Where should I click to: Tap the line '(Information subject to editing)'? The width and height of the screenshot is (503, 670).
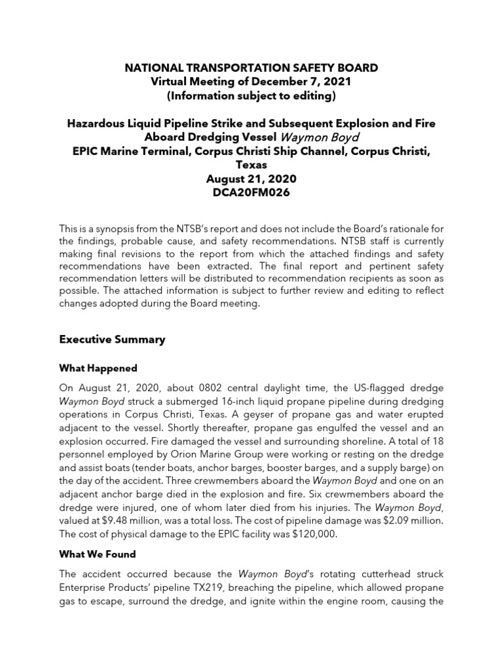251,96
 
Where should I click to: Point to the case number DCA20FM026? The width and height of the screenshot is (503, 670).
251,193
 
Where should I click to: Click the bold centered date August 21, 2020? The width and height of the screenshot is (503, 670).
251,179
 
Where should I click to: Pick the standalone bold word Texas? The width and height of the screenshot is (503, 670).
251,166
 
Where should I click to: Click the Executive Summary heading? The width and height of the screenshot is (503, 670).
112,340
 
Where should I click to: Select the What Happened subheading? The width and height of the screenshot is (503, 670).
98,368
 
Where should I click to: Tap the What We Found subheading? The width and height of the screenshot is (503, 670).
98,554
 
